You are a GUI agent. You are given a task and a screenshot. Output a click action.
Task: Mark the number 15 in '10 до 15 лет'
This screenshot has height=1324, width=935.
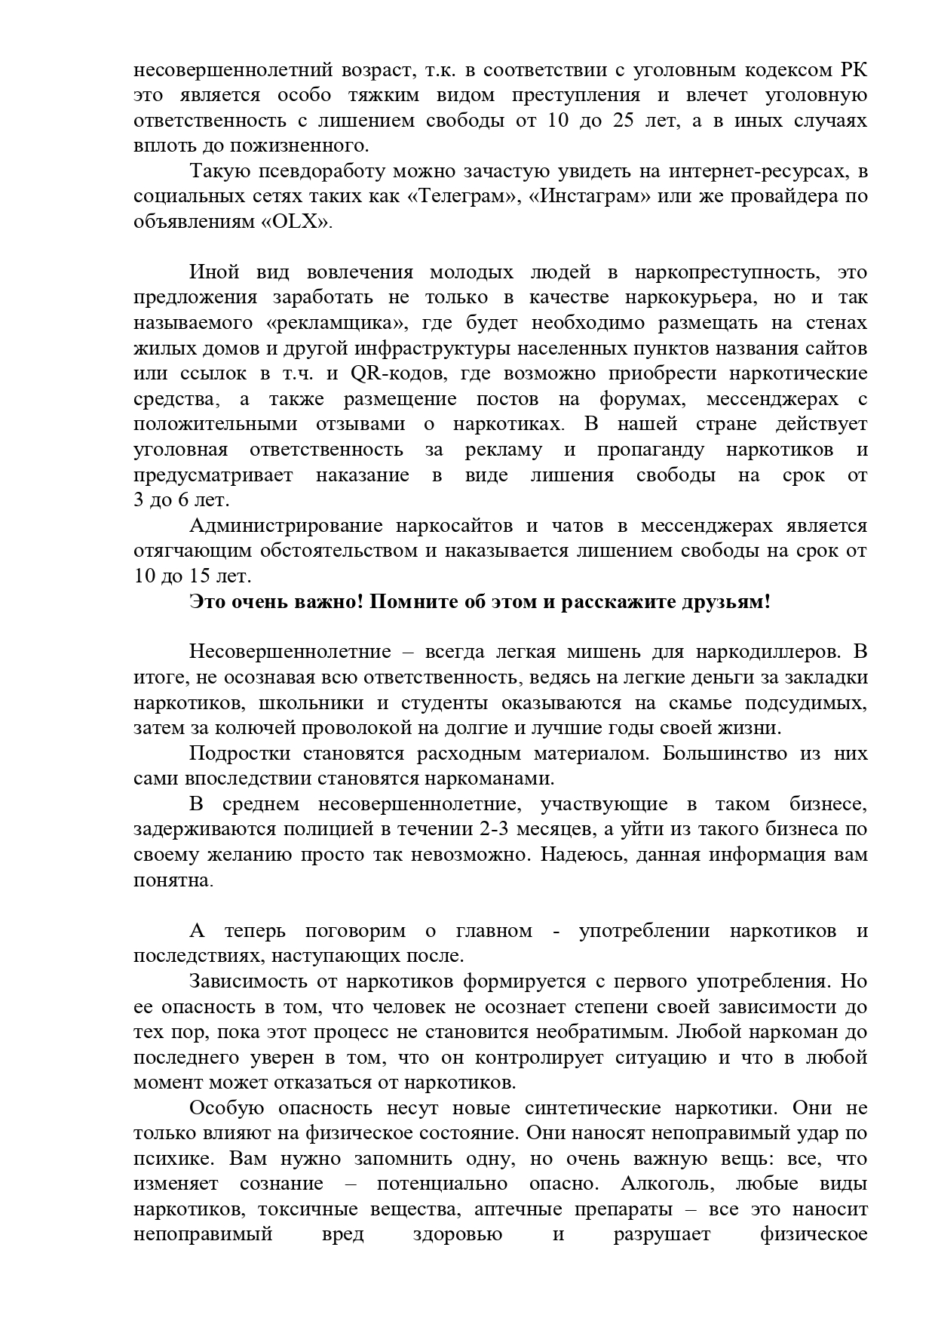coord(201,576)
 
